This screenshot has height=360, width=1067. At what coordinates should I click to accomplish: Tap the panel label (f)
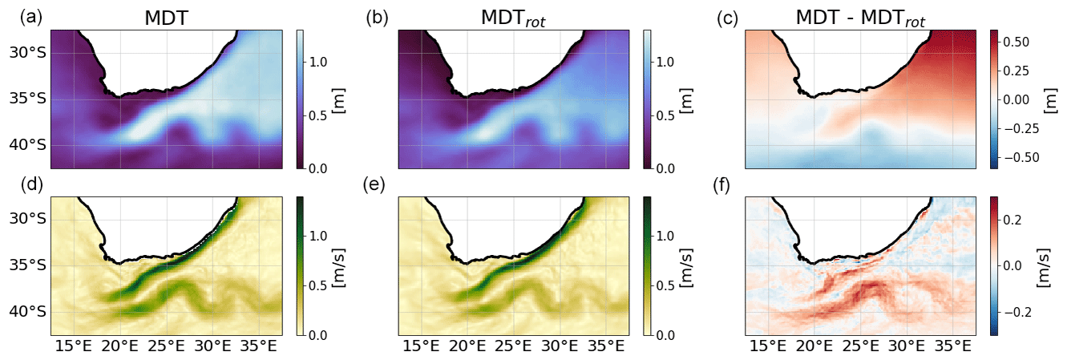[x=725, y=185]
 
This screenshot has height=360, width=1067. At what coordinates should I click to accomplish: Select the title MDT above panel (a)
[x=166, y=18]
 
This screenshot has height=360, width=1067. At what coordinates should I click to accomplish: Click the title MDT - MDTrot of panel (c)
[x=860, y=18]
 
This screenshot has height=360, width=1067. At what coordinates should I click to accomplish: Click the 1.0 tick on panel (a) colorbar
[x=319, y=62]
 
